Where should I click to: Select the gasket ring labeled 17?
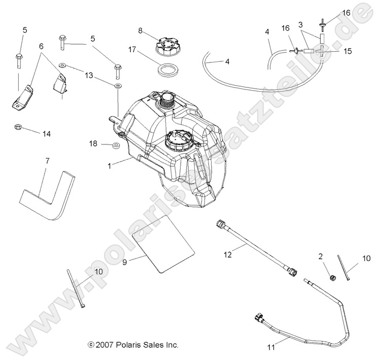(x=167, y=69)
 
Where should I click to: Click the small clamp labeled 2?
(x=333, y=277)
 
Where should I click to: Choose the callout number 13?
(x=90, y=75)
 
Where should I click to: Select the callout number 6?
(x=41, y=46)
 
